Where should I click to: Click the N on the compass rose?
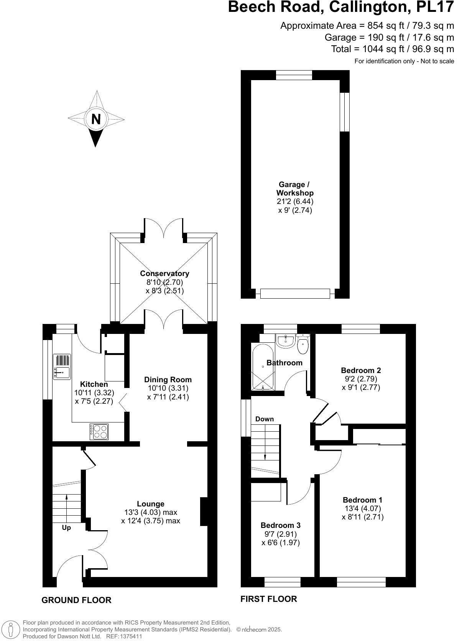(x=96, y=119)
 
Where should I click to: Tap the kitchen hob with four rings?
(x=99, y=431)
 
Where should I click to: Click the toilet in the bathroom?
(x=303, y=345)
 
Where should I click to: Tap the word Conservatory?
(x=164, y=273)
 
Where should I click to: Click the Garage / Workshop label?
(x=294, y=189)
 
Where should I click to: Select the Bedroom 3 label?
(x=280, y=525)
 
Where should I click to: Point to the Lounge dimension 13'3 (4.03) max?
(x=151, y=512)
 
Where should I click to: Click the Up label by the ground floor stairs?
(x=66, y=528)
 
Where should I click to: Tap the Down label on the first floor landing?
(x=265, y=419)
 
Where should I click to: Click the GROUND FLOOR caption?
(x=76, y=600)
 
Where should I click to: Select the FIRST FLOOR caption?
(x=268, y=598)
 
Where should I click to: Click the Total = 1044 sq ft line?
(x=392, y=49)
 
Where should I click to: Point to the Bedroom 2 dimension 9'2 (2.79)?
(x=361, y=379)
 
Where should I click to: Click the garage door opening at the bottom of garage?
(x=295, y=294)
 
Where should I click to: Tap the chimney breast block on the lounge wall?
(x=204, y=511)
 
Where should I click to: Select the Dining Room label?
(x=168, y=380)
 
